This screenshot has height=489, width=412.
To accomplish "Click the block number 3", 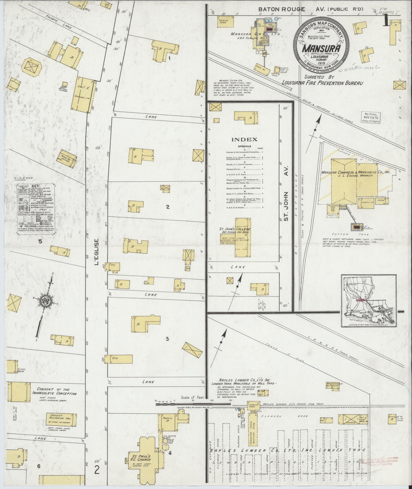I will click(x=167, y=339).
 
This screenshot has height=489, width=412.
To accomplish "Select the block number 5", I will click(x=40, y=241).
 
